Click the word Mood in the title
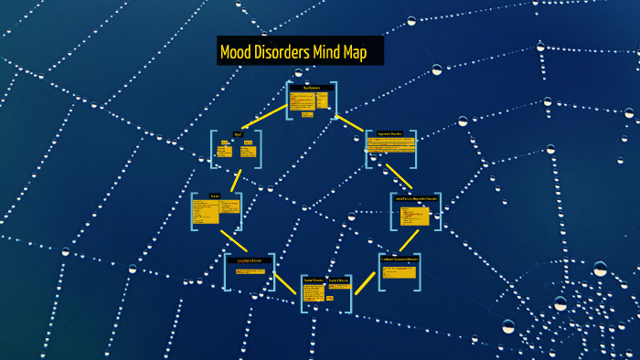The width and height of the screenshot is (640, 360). point(237,52)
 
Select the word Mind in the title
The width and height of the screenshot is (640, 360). point(339,52)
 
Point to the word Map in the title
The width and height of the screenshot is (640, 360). point(368,52)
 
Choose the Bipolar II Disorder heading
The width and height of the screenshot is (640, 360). point(338,280)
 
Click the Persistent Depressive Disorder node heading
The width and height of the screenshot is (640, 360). point(399,259)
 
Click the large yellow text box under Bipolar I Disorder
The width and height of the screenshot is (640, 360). point(312,293)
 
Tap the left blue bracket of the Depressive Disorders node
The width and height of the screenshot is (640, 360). point(368,148)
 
